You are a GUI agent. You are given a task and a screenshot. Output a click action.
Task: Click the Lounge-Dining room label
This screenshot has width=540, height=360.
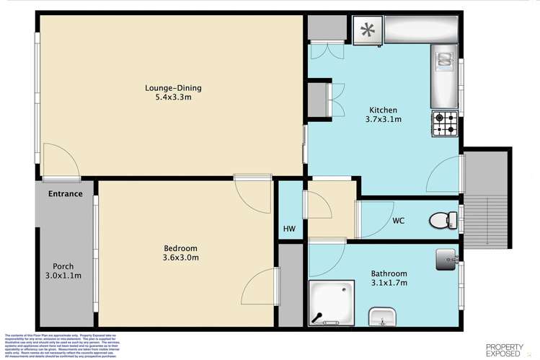tap(173, 88)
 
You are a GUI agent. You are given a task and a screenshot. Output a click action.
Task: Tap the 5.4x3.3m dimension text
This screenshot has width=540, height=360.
tap(173, 99)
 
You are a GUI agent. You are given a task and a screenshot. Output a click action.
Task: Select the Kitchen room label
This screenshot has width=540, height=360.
tap(382, 110)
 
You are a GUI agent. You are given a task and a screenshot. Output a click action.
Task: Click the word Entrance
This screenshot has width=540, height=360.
tap(66, 193)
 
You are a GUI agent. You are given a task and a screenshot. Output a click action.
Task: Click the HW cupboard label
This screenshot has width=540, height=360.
tap(289, 229)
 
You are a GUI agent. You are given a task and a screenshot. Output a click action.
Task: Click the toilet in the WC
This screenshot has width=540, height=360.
tap(441, 219)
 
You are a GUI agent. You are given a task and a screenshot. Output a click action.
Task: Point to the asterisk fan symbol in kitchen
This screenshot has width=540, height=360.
tap(368, 30)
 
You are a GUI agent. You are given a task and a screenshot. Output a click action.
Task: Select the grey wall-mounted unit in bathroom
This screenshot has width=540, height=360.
tap(446, 258)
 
